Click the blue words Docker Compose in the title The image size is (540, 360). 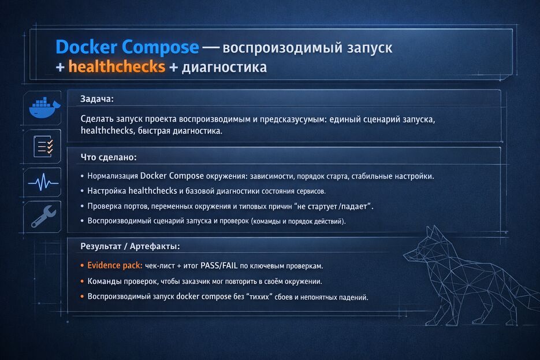pyautogui.click(x=127, y=47)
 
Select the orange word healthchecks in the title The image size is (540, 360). pyautogui.click(x=117, y=67)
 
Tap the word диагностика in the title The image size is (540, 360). pyautogui.click(x=224, y=68)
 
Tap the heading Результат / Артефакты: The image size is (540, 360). pyautogui.click(x=130, y=246)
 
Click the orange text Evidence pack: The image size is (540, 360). pyautogui.click(x=115, y=266)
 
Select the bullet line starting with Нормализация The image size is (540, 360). pyautogui.click(x=260, y=176)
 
